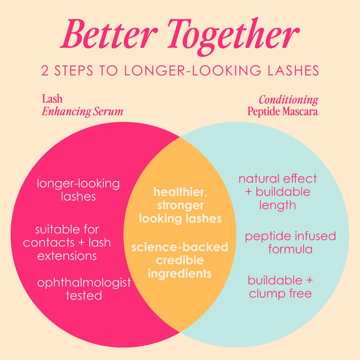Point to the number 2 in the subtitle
click(45, 71)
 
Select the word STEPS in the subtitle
click(74, 71)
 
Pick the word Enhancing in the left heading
click(66, 112)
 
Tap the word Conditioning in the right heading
click(288, 100)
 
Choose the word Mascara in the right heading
click(300, 111)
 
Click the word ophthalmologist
click(84, 283)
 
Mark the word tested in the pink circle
click(84, 296)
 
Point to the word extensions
click(67, 256)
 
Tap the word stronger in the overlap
click(180, 206)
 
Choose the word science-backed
click(180, 247)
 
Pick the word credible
click(180, 261)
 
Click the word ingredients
click(180, 274)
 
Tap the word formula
click(290, 249)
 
